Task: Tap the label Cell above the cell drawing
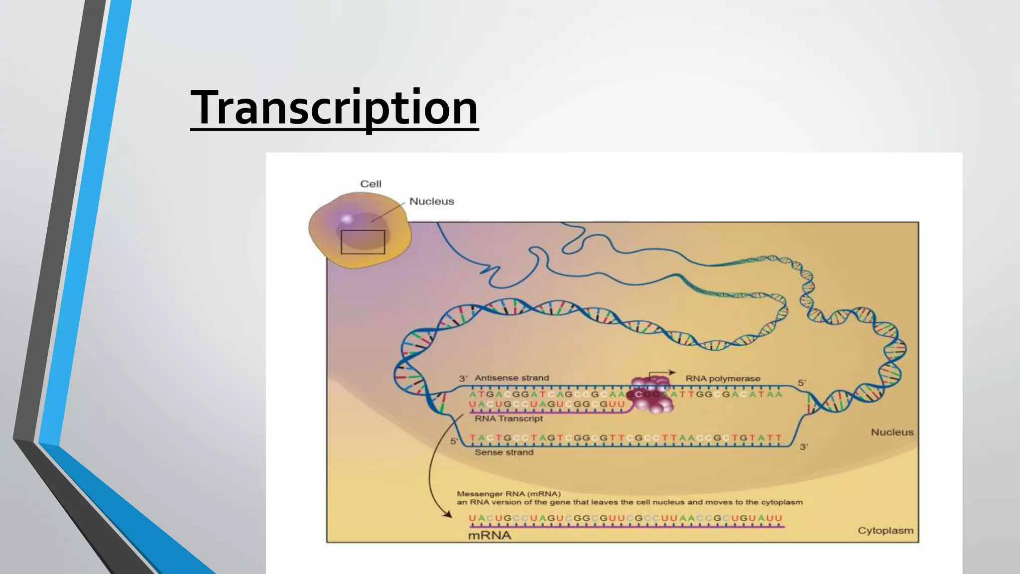click(x=371, y=184)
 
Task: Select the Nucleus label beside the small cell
click(x=431, y=201)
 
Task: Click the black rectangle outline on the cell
click(x=363, y=242)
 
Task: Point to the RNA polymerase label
click(x=723, y=379)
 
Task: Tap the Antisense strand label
click(x=511, y=378)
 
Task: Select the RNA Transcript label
click(x=509, y=419)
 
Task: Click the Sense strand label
click(x=504, y=452)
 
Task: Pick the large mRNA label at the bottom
click(x=490, y=536)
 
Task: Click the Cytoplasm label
click(x=885, y=531)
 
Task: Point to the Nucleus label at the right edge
click(x=892, y=432)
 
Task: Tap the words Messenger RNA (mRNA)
click(x=509, y=494)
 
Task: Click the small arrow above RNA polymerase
click(x=662, y=373)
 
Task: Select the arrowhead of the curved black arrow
click(x=448, y=515)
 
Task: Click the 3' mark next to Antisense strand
click(x=463, y=379)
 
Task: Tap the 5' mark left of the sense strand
click(x=454, y=441)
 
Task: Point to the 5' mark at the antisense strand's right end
click(x=802, y=383)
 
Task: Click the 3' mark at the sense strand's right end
click(x=804, y=447)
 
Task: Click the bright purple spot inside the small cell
click(x=347, y=218)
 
